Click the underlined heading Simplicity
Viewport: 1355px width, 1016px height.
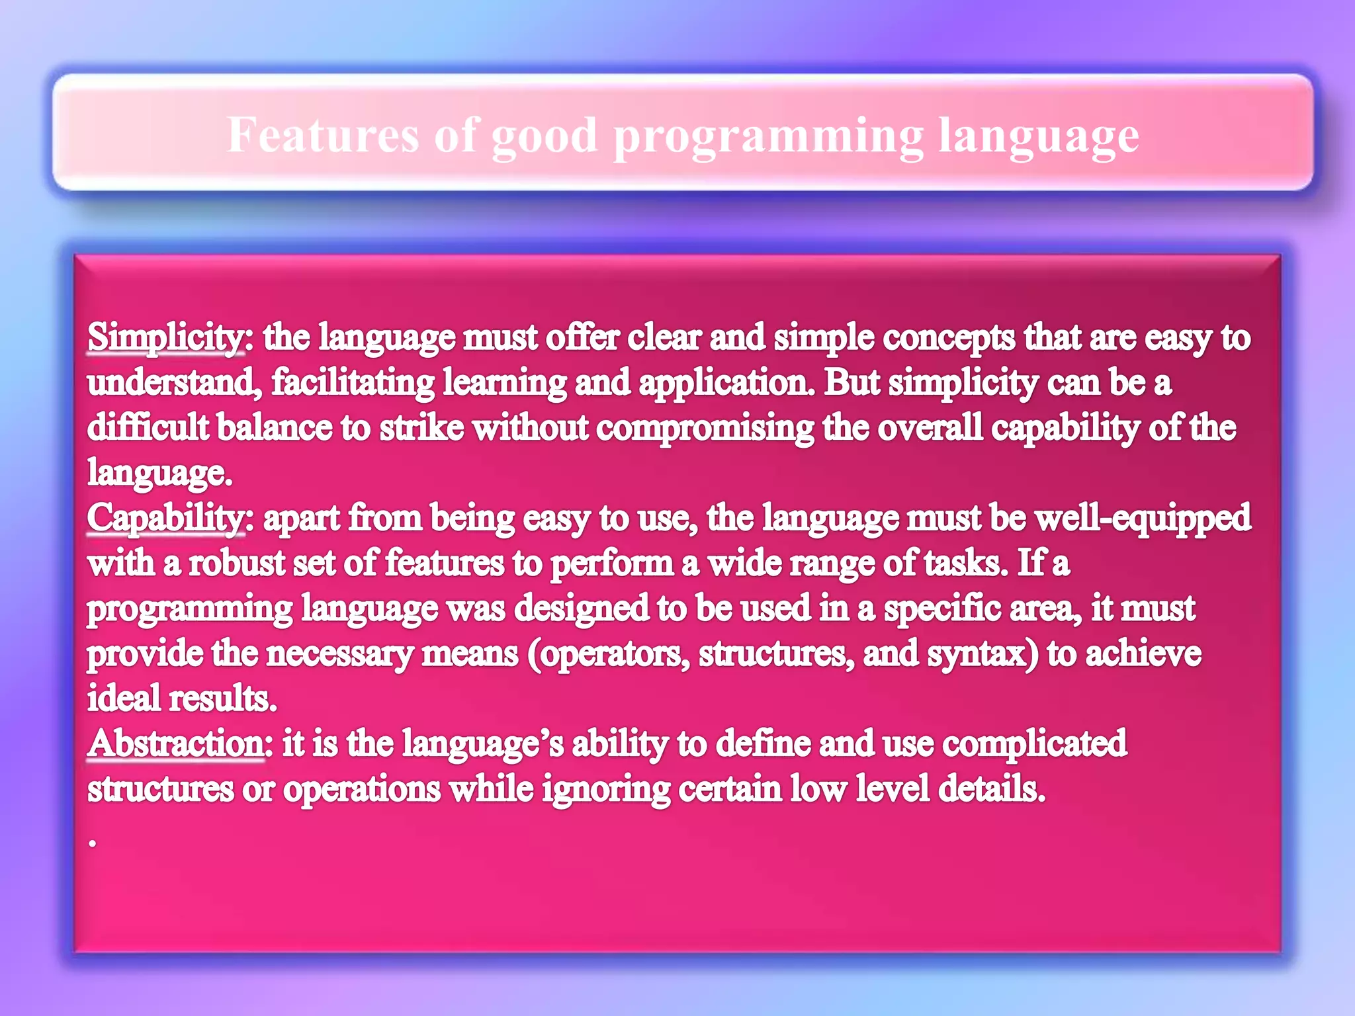click(x=165, y=337)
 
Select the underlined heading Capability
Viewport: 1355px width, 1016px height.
click(x=165, y=518)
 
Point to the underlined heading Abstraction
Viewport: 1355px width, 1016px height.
click(x=176, y=743)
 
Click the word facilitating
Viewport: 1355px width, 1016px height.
click(x=353, y=383)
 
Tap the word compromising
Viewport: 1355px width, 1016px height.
click(x=705, y=428)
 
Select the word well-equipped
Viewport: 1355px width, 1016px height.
click(x=1143, y=518)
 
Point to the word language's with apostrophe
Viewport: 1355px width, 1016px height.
click(x=483, y=743)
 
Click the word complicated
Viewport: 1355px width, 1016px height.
click(x=1034, y=743)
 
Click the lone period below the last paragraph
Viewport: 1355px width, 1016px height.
click(x=93, y=843)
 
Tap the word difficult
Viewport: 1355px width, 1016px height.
click(x=148, y=428)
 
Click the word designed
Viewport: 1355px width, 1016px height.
click(x=582, y=609)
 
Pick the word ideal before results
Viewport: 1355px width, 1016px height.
click(x=124, y=699)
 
